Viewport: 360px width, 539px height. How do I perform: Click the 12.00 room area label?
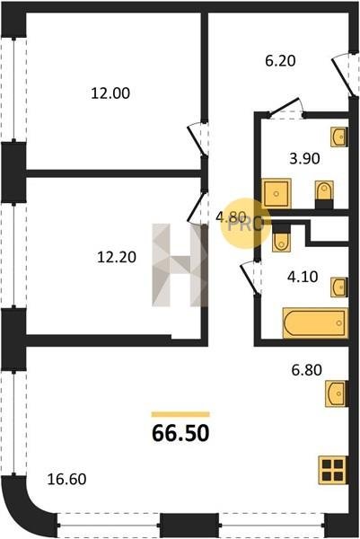(x=110, y=93)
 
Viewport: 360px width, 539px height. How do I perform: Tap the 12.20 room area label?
(x=117, y=257)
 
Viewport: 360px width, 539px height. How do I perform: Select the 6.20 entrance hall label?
(x=280, y=61)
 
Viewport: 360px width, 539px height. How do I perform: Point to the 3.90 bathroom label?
(x=304, y=159)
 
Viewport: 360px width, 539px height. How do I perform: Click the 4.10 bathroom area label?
(x=303, y=277)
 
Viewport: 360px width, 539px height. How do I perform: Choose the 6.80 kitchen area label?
(x=306, y=370)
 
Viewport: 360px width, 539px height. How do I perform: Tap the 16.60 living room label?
(x=66, y=479)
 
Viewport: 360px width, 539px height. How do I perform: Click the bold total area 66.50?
(x=180, y=433)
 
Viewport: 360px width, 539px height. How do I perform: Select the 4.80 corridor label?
(x=231, y=216)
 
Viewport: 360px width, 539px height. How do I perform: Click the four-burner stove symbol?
(x=333, y=470)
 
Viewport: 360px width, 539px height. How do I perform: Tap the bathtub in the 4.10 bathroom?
(x=315, y=323)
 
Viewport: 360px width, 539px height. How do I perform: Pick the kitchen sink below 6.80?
(x=337, y=393)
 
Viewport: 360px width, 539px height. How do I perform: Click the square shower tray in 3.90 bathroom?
(x=277, y=193)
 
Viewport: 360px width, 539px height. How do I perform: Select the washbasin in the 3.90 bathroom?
(x=339, y=137)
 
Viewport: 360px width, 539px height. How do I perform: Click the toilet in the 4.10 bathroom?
(x=281, y=237)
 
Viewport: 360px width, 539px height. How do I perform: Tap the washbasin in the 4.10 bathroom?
(x=339, y=287)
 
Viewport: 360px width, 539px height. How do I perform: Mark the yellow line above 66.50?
(x=180, y=414)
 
